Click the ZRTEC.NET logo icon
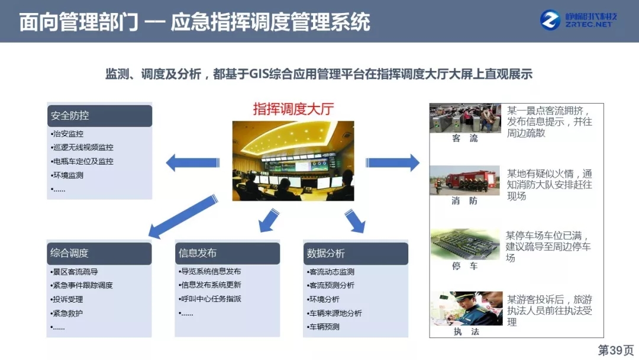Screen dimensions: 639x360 pyautogui.click(x=550, y=20)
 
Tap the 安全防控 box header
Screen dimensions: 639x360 pyautogui.click(x=100, y=116)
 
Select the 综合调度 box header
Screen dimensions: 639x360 pyautogui.click(x=99, y=253)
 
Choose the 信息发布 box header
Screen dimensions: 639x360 pyautogui.click(x=227, y=253)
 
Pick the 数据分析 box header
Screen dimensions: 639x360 pyautogui.click(x=356, y=253)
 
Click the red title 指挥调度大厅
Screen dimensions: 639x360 pyautogui.click(x=293, y=109)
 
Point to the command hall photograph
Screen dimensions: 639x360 pyautogui.click(x=293, y=160)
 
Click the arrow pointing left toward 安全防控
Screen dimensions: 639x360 pyautogui.click(x=193, y=163)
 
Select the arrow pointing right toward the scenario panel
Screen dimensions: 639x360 pyautogui.click(x=392, y=163)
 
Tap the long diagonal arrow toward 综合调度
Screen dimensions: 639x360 pyautogui.click(x=183, y=216)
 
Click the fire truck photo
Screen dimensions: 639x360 pyautogui.click(x=464, y=180)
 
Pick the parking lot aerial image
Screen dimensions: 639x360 pyautogui.click(x=465, y=244)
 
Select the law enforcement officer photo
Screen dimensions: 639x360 pyautogui.click(x=467, y=308)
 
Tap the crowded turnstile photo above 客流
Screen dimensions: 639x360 pyautogui.click(x=465, y=118)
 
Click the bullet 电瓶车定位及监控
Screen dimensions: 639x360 pyautogui.click(x=82, y=162)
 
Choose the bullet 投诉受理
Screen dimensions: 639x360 pyautogui.click(x=67, y=299)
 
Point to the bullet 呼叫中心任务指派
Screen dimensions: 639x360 pyautogui.click(x=210, y=299)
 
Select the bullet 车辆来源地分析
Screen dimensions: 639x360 pyautogui.click(x=334, y=313)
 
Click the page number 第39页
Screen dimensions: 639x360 pyautogui.click(x=616, y=350)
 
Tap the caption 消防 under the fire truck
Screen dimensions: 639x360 pyautogui.click(x=464, y=201)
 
